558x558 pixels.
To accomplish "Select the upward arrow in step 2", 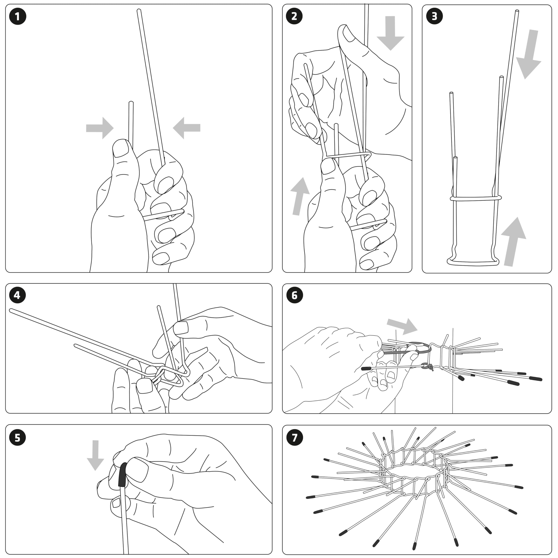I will point(299,196).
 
